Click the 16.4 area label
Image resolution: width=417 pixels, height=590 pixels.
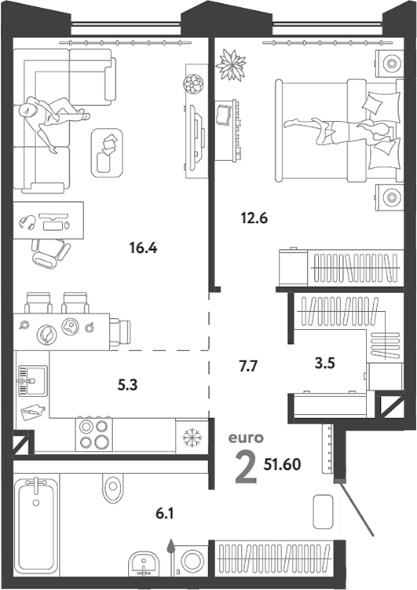pyautogui.click(x=143, y=248)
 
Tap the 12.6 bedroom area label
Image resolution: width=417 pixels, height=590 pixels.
pyautogui.click(x=254, y=218)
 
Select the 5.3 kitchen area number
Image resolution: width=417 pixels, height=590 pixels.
pyautogui.click(x=128, y=385)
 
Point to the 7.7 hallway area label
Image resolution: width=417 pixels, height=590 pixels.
pyautogui.click(x=248, y=365)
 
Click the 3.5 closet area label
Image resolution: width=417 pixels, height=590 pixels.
pyautogui.click(x=325, y=363)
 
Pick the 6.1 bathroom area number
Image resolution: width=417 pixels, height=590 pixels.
pyautogui.click(x=165, y=513)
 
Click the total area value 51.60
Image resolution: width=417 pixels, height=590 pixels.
pyautogui.click(x=282, y=465)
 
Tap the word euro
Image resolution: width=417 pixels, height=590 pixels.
pyautogui.click(x=247, y=438)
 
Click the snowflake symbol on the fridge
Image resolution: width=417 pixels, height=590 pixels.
pyautogui.click(x=192, y=438)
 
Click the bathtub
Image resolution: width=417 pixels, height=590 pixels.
pyautogui.click(x=36, y=523)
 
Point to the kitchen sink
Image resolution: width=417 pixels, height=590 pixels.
pyautogui.click(x=33, y=381)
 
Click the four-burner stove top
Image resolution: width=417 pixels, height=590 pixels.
pyautogui.click(x=94, y=434)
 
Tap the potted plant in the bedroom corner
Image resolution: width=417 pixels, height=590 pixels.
pyautogui.click(x=231, y=64)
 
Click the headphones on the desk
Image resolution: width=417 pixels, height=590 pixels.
pyautogui.click(x=27, y=222)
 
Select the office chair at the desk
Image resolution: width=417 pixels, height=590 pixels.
pyautogui.click(x=50, y=254)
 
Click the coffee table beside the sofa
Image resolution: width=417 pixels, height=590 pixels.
pyautogui.click(x=107, y=152)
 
